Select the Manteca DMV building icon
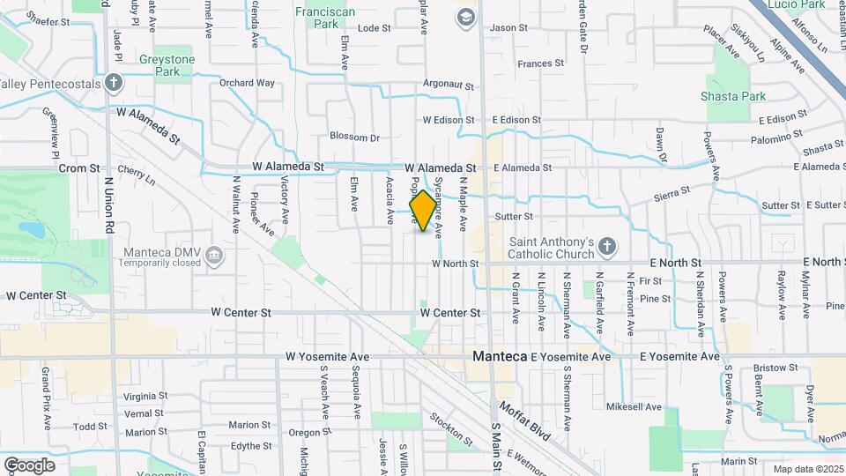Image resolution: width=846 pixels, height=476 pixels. pos(213,256)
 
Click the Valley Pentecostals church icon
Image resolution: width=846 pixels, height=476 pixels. pos(113,84)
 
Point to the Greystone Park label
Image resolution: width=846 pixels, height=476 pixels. pos(167,65)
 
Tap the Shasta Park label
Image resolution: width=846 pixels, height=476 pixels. pos(733,95)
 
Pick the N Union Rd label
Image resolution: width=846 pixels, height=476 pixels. pos(109,204)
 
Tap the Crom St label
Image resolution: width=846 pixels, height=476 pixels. pos(76,167)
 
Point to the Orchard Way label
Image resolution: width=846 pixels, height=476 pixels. pos(247,83)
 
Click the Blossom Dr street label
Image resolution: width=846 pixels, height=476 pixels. pos(354,137)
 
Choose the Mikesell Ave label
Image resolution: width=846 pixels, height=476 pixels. pos(634,407)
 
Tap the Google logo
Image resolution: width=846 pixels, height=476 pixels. pos(29,465)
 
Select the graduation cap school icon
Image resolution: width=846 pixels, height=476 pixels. pos(464,16)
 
